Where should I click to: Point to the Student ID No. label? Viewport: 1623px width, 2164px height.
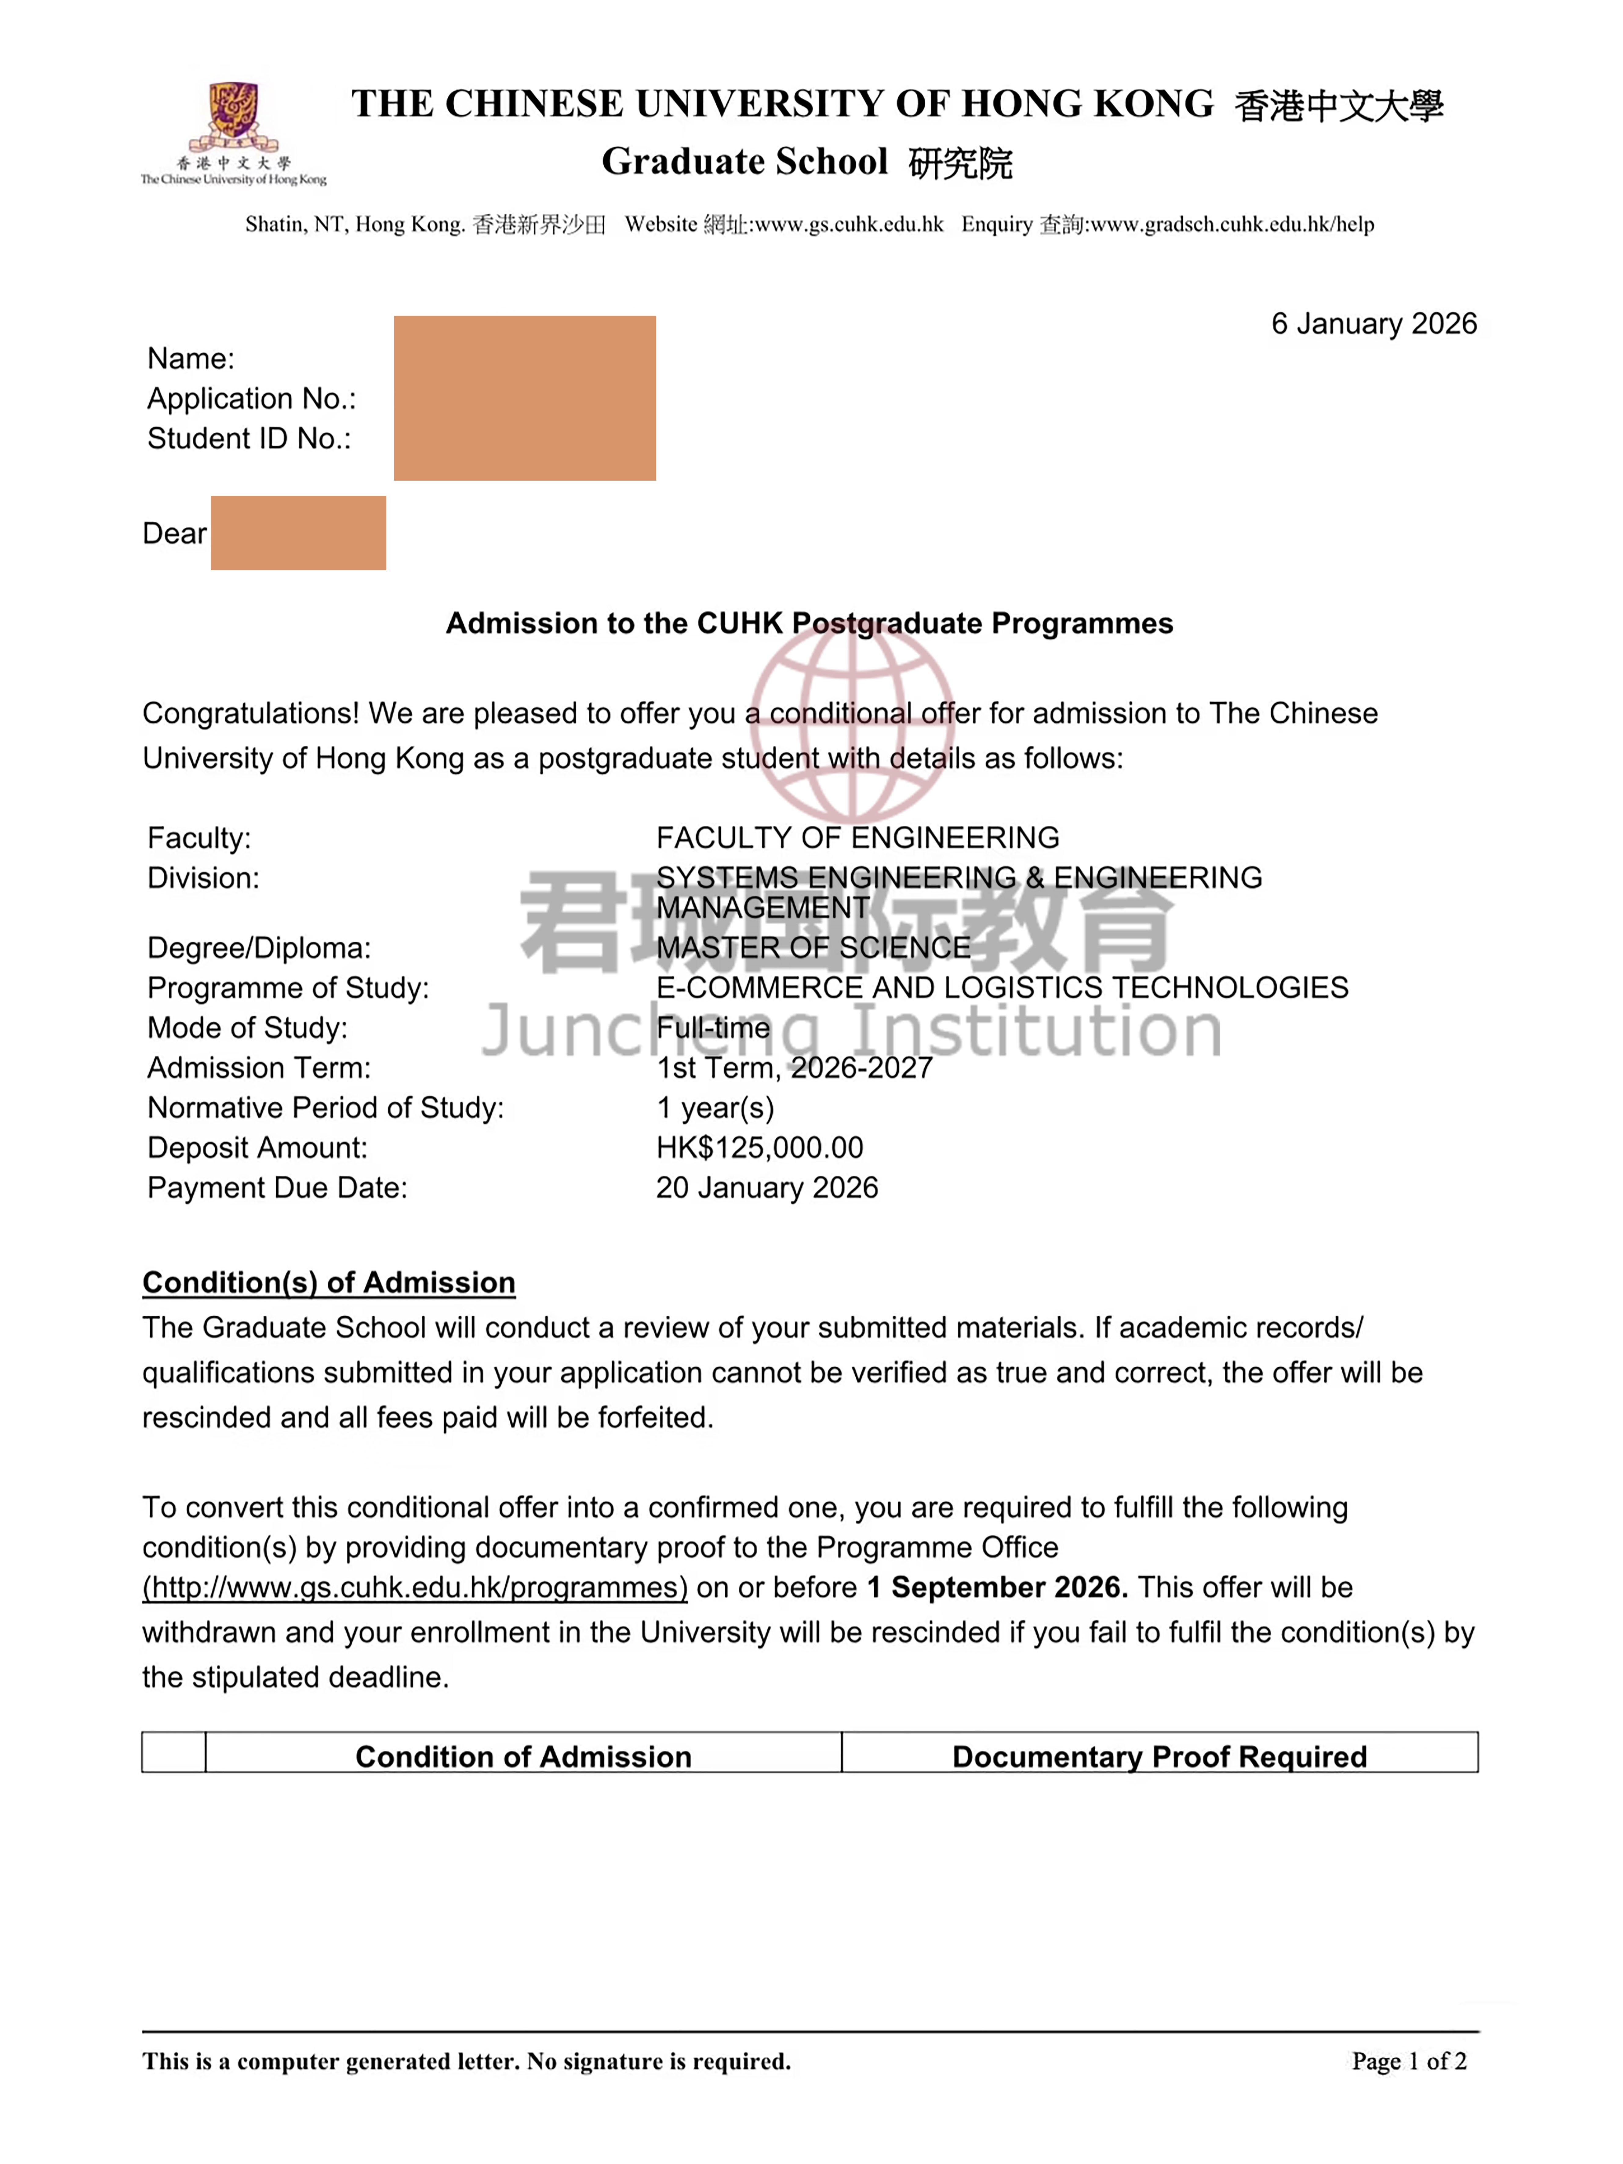pyautogui.click(x=249, y=438)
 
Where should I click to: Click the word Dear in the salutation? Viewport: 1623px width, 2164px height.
pyautogui.click(x=174, y=533)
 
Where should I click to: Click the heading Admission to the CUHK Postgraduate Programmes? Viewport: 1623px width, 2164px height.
pyautogui.click(x=809, y=623)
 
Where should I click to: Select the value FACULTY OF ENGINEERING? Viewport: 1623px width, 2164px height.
pyautogui.click(x=857, y=838)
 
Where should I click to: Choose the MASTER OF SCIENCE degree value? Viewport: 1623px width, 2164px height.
pyautogui.click(x=813, y=947)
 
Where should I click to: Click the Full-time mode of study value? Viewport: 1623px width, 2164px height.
pyautogui.click(x=712, y=1027)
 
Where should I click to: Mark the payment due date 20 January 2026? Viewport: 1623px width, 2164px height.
pyautogui.click(x=766, y=1187)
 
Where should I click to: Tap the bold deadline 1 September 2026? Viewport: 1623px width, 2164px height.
pyautogui.click(x=997, y=1587)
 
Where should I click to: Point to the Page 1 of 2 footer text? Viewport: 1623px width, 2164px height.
pyautogui.click(x=1409, y=2061)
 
